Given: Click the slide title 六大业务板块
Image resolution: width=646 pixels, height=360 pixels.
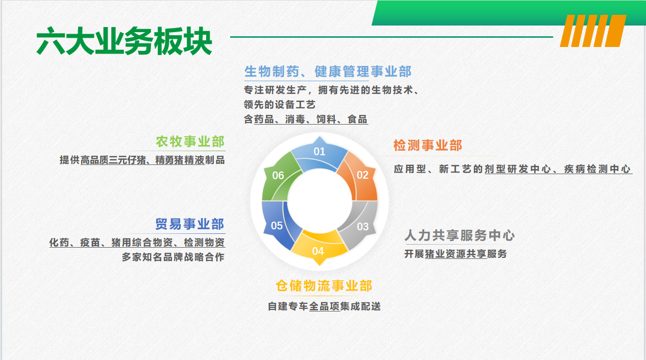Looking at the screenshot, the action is click(125, 41).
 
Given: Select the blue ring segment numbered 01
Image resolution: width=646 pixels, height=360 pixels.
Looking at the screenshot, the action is click(319, 155).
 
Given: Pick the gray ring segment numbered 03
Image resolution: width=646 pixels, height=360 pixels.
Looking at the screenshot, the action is click(360, 224).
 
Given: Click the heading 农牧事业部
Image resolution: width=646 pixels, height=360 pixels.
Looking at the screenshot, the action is click(190, 141).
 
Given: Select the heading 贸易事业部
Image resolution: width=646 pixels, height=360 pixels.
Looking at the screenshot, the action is click(190, 224).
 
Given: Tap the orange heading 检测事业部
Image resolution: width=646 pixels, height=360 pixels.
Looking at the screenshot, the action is click(428, 145).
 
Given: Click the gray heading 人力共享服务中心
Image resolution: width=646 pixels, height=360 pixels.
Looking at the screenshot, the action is click(460, 235).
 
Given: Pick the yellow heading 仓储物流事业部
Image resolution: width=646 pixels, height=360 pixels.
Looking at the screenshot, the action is click(324, 286).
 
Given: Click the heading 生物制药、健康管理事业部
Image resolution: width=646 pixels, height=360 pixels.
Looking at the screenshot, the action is click(328, 71).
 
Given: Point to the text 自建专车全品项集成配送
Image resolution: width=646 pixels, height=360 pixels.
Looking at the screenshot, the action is click(324, 306).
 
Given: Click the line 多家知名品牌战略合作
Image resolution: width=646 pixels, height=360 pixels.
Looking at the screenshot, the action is click(173, 257).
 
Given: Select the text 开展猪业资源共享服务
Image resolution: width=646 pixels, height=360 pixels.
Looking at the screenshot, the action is click(455, 254).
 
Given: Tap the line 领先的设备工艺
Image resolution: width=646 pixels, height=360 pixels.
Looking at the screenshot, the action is click(280, 105).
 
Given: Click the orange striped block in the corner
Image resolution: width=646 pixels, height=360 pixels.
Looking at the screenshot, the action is click(593, 31).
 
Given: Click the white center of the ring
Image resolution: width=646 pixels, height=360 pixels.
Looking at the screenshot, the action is click(319, 201).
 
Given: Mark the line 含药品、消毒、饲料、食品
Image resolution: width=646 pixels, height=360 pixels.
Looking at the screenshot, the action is click(306, 119).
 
